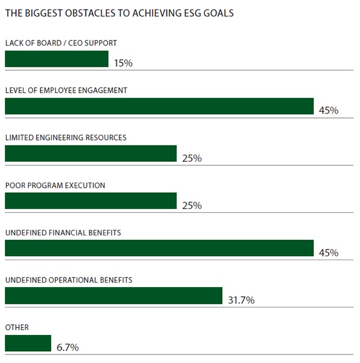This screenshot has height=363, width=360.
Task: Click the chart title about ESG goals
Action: (x=119, y=13)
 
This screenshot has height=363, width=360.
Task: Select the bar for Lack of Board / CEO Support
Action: (x=56, y=59)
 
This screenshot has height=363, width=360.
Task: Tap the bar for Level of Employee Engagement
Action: (x=159, y=106)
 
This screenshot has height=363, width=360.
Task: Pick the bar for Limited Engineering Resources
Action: (x=91, y=153)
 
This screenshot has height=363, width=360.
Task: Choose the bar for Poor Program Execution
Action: (x=91, y=201)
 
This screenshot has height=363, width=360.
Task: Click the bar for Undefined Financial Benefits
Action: (x=159, y=248)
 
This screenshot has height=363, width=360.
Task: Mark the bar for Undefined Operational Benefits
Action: (x=113, y=296)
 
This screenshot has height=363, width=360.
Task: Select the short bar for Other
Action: (x=28, y=343)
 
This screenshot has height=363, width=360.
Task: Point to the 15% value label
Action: (x=123, y=63)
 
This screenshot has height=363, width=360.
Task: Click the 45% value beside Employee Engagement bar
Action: (x=328, y=111)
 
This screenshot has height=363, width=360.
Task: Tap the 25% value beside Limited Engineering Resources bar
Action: (x=192, y=158)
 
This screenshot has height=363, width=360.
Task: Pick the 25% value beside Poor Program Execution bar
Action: (x=192, y=206)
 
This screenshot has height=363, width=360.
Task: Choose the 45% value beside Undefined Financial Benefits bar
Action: (x=328, y=253)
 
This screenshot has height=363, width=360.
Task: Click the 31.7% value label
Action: (x=241, y=300)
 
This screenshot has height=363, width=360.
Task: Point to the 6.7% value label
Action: (x=67, y=348)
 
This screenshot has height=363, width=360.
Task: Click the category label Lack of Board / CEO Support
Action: (x=61, y=43)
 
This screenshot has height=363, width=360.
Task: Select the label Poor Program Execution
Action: (x=55, y=185)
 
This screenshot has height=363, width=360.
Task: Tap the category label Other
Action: (x=16, y=327)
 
